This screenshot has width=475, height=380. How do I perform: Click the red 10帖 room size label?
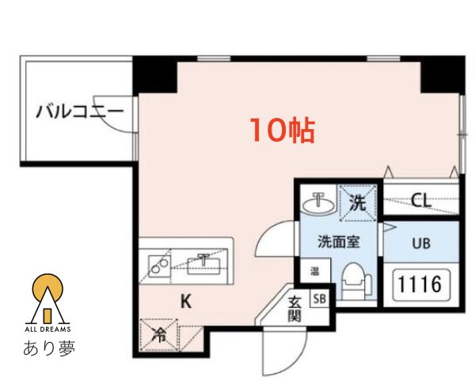pyautogui.click(x=283, y=130)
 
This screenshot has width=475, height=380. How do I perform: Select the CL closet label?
pyautogui.click(x=421, y=200)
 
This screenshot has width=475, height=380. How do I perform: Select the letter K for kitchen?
pyautogui.click(x=184, y=301)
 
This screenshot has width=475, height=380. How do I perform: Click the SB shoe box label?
pyautogui.click(x=319, y=299)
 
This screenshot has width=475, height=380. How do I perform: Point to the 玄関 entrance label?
pyautogui.click(x=294, y=308)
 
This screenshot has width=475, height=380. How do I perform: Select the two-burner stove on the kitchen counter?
pyautogui.click(x=158, y=266)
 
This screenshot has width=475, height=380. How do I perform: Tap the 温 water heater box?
pyautogui.click(x=314, y=271)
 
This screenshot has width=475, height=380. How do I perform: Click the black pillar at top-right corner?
pyautogui.click(x=441, y=74)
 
